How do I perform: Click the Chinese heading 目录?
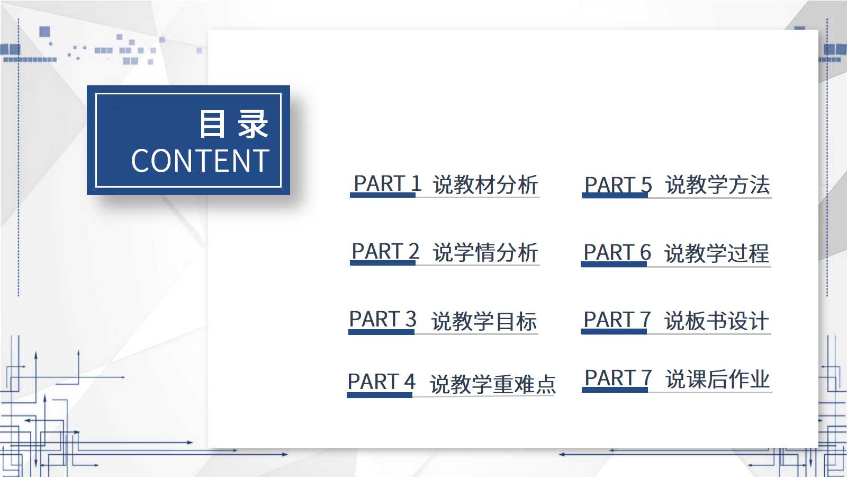pos(233,124)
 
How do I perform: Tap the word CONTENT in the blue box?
pos(200,161)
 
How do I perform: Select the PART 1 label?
pos(387,183)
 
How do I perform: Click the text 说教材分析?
pos(485,185)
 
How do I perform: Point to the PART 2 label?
pos(386,251)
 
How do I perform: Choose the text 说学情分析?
pos(485,252)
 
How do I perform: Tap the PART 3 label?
pos(383,319)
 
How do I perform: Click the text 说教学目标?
pos(484,321)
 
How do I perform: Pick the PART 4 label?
pos(381,382)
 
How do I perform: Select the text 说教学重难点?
pos(493,384)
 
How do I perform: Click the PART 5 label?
pos(618,185)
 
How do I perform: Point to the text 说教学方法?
pos(718,185)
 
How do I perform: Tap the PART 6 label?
pos(617,252)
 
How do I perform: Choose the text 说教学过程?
pos(717,253)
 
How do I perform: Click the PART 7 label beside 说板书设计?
pos(617,320)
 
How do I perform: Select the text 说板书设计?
pos(717,321)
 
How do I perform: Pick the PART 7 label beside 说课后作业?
pos(618,378)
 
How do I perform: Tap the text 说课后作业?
pos(718,379)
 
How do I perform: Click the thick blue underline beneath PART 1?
pos(383,196)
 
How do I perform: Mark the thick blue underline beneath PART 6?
pos(614,264)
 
